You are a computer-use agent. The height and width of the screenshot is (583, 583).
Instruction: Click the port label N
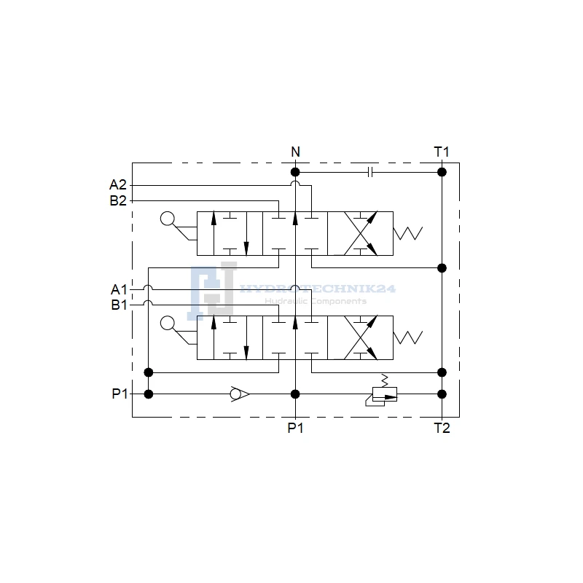coord(295,152)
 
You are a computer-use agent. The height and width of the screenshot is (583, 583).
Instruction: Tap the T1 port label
coord(442,152)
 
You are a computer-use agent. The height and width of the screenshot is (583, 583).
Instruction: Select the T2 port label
coord(442,429)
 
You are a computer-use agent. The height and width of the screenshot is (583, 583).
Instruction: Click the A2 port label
coord(118,185)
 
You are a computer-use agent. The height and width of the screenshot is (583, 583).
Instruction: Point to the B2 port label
coord(118,201)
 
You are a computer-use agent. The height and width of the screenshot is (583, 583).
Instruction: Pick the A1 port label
coord(119,289)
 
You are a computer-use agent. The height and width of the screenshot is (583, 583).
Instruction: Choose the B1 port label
coord(119,305)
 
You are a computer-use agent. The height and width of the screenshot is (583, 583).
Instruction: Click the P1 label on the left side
coord(120,394)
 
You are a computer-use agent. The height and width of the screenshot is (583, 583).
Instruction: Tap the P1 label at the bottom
coord(296,429)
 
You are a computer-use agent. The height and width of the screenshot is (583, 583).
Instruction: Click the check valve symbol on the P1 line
coord(240,394)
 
